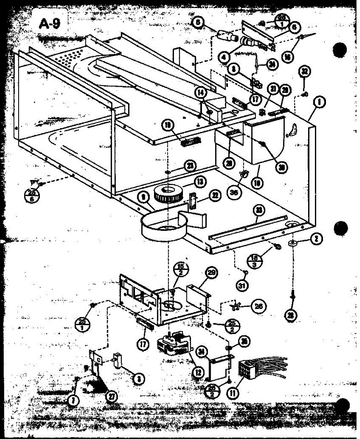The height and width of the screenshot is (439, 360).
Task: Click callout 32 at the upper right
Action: click(x=303, y=71)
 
